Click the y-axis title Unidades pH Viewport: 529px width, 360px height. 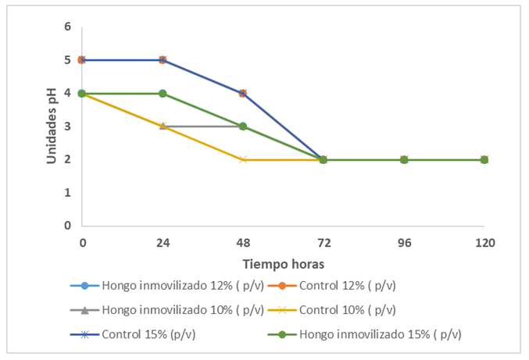(x=51, y=126)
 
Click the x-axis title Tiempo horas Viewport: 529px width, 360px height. (x=283, y=263)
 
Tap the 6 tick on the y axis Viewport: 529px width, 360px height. (x=68, y=27)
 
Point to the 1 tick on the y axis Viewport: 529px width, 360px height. (x=68, y=192)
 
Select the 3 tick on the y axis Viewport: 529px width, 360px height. (x=68, y=126)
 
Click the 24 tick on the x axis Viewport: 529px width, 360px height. (x=163, y=243)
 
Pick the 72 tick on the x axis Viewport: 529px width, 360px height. (x=323, y=243)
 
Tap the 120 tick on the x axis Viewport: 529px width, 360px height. (x=484, y=243)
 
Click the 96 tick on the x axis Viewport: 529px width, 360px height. (x=404, y=243)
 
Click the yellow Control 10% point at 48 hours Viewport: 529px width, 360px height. (x=243, y=159)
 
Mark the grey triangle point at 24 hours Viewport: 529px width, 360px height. (x=163, y=126)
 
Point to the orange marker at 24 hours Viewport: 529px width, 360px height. (x=163, y=60)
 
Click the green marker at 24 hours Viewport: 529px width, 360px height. (x=163, y=93)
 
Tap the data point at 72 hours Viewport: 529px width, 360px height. (x=323, y=159)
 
